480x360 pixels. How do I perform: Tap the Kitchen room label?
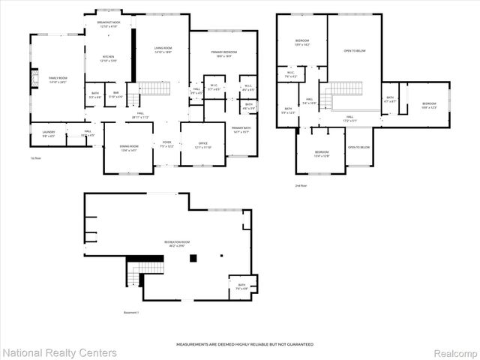(108, 59)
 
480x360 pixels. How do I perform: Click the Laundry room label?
(48, 134)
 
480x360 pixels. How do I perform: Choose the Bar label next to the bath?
(116, 95)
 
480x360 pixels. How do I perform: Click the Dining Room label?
(129, 148)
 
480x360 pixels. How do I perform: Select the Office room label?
(202, 145)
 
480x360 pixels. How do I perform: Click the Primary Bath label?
(240, 130)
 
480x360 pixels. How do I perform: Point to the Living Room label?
(163, 50)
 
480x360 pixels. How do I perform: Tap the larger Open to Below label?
(354, 51)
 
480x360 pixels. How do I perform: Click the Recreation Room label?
(175, 243)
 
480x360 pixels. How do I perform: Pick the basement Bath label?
(241, 286)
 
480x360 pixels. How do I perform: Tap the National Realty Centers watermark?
(60, 352)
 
